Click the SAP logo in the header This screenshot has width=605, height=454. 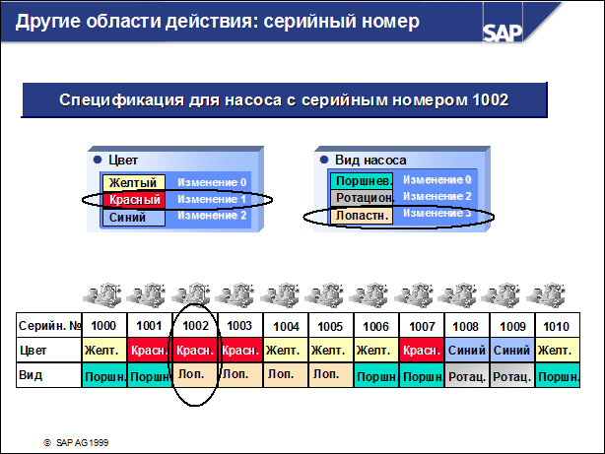coord(503,32)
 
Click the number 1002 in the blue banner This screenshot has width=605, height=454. coord(491,99)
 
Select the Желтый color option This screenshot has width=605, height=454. coord(133,182)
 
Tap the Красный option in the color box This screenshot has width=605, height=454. coord(134,199)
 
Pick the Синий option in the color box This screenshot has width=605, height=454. coord(133,218)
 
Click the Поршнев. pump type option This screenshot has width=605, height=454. coord(362,180)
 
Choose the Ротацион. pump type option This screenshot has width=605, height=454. coord(362,198)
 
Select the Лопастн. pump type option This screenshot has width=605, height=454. coord(362,216)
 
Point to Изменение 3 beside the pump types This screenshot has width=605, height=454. coord(437,213)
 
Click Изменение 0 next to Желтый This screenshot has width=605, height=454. coord(212,182)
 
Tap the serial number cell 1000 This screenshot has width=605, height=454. coord(104,326)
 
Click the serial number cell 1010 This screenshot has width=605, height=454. coord(557,326)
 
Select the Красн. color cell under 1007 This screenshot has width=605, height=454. coord(422,351)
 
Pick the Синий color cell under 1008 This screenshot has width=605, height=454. coord(467,351)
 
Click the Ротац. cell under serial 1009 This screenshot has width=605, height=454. coord(512,375)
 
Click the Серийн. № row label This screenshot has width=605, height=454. coord(49,326)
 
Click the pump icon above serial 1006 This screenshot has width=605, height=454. coord(370,295)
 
